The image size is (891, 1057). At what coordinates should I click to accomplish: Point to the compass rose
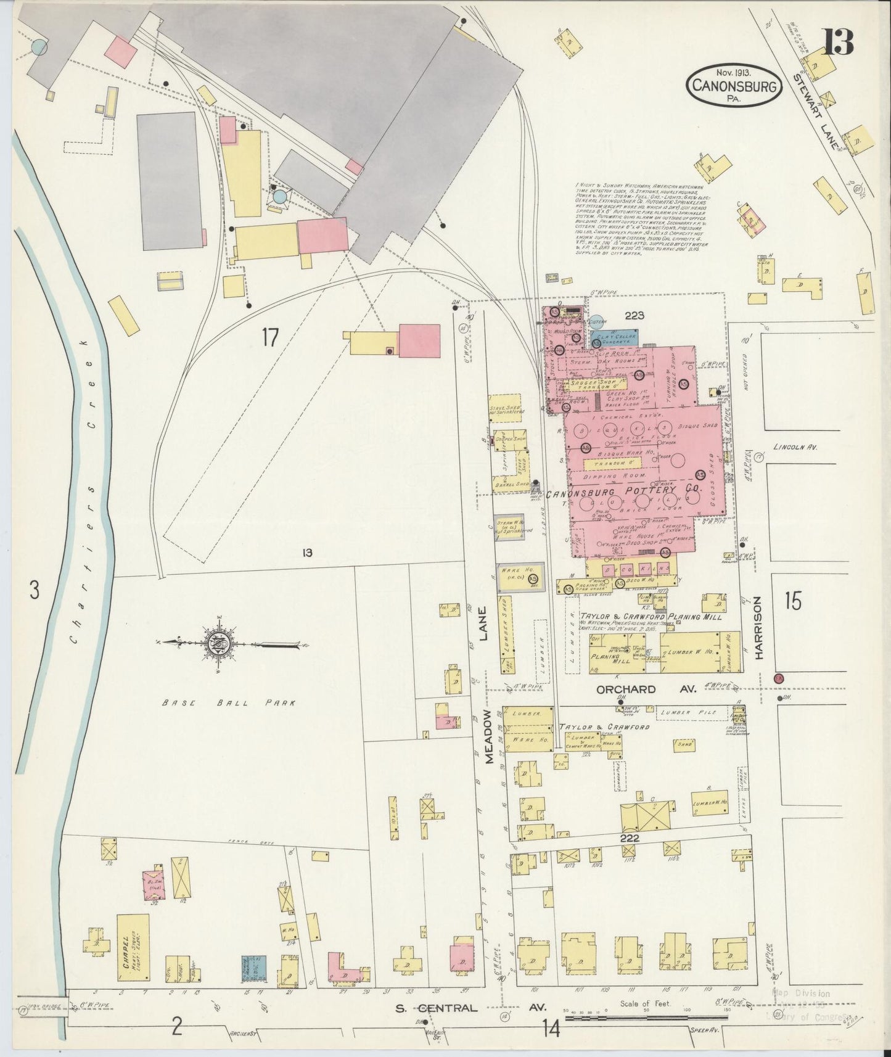pyautogui.click(x=220, y=645)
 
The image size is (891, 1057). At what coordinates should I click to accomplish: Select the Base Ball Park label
pyautogui.click(x=229, y=702)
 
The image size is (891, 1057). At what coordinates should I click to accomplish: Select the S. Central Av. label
pyautogui.click(x=472, y=1008)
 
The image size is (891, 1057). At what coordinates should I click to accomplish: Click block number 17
pyautogui.click(x=270, y=337)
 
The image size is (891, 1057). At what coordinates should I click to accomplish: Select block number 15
pyautogui.click(x=794, y=601)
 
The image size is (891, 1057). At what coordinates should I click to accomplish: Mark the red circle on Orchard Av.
pyautogui.click(x=778, y=678)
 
